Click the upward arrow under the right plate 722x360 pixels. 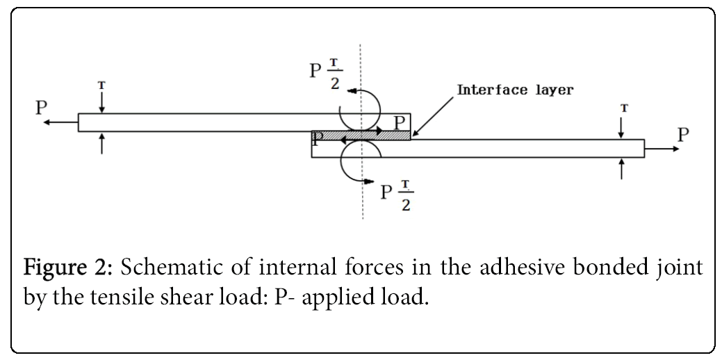click(621, 169)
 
